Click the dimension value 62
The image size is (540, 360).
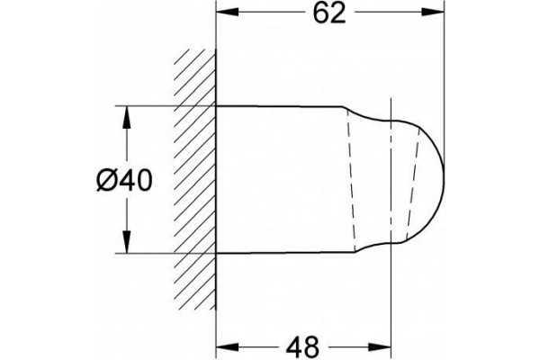pyautogui.click(x=329, y=13)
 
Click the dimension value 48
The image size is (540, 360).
pyautogui.click(x=302, y=347)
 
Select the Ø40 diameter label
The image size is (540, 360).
pyautogui.click(x=124, y=181)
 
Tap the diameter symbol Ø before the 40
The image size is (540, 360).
pyautogui.click(x=107, y=181)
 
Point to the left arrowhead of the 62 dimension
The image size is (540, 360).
pyautogui.click(x=227, y=13)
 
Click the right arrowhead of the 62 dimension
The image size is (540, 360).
pyautogui.click(x=433, y=13)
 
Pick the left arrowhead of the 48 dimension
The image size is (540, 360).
pyautogui.click(x=227, y=346)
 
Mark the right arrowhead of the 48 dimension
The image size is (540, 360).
pyautogui.click(x=380, y=346)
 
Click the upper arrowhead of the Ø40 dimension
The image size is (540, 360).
pyautogui.click(x=127, y=118)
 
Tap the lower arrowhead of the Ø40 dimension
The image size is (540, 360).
pyautogui.click(x=127, y=241)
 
